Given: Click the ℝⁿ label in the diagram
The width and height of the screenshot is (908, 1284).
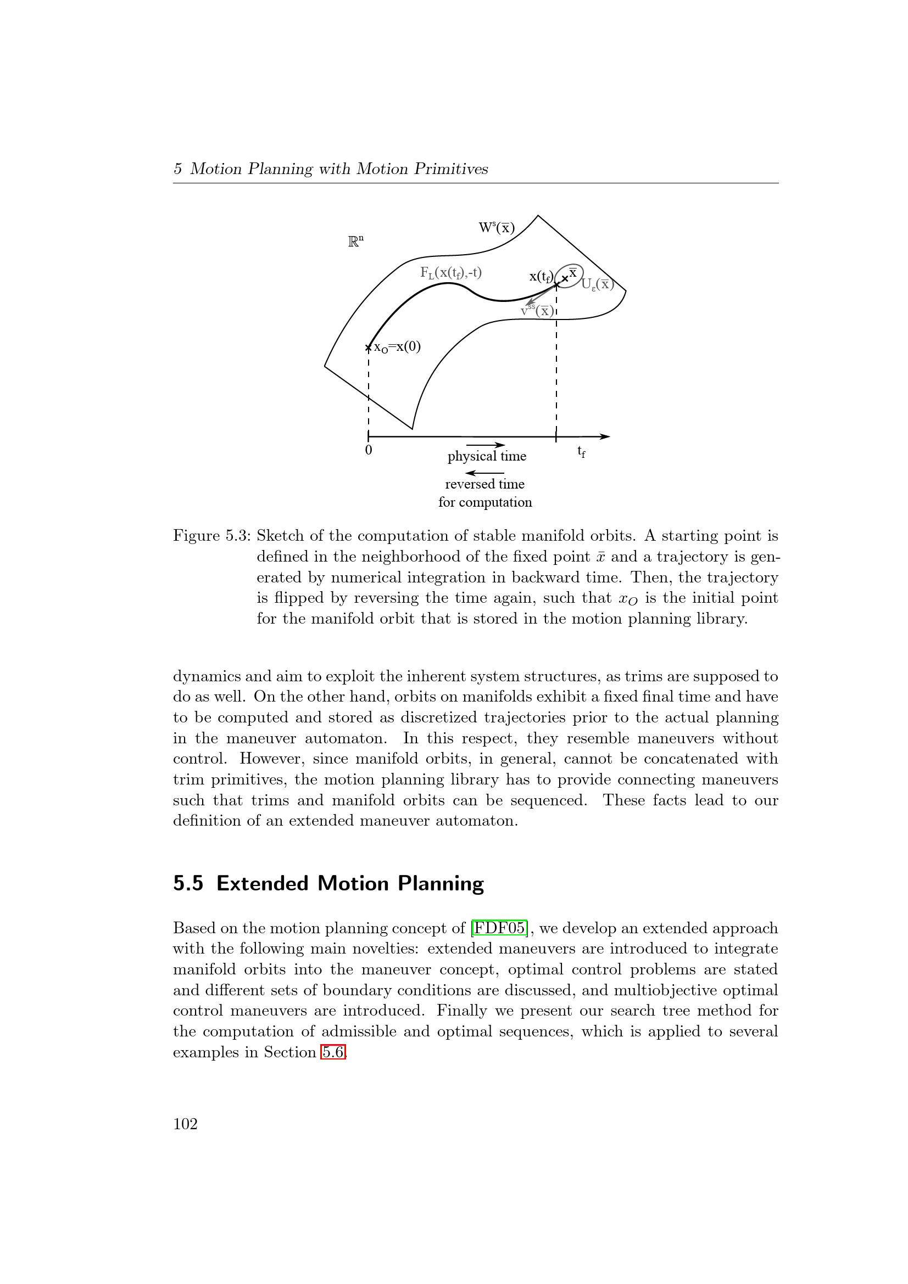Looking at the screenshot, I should click(356, 242).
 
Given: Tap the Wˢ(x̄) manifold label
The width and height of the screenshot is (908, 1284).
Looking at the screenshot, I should click(496, 228).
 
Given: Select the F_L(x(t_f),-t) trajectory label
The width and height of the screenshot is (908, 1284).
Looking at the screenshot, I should click(451, 273).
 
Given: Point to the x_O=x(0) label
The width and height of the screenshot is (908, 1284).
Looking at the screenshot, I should click(397, 347).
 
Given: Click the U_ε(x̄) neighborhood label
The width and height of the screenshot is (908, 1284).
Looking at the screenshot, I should click(598, 285).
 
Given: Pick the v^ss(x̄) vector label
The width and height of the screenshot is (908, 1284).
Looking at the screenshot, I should click(537, 310).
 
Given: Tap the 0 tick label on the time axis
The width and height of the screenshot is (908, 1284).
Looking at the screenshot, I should click(369, 450).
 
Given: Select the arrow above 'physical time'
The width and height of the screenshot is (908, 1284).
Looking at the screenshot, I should click(485, 445).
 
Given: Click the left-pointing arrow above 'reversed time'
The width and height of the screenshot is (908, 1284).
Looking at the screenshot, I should click(484, 473).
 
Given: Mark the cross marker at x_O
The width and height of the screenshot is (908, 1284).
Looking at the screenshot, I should click(368, 348).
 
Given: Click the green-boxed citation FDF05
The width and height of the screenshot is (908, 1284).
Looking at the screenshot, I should click(499, 929).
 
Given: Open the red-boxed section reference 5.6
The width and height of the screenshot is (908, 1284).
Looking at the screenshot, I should click(333, 1052).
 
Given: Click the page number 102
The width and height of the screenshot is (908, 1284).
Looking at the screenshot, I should click(185, 1124).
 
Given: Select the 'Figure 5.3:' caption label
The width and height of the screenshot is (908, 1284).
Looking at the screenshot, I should click(211, 536).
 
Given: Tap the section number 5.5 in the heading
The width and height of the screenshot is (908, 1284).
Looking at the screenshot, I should click(188, 884).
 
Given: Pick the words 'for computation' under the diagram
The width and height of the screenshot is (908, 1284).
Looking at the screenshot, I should click(485, 502).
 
